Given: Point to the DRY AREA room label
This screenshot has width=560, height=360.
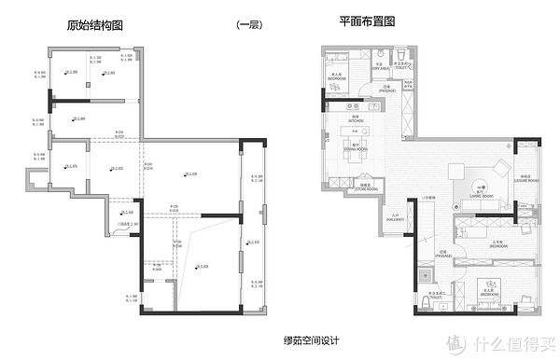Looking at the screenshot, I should [381, 66].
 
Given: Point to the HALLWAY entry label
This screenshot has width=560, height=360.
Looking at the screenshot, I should [395, 217].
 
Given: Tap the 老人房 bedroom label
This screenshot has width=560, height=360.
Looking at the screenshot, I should [337, 77].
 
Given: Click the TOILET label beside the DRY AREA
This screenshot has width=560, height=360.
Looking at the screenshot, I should [402, 66].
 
